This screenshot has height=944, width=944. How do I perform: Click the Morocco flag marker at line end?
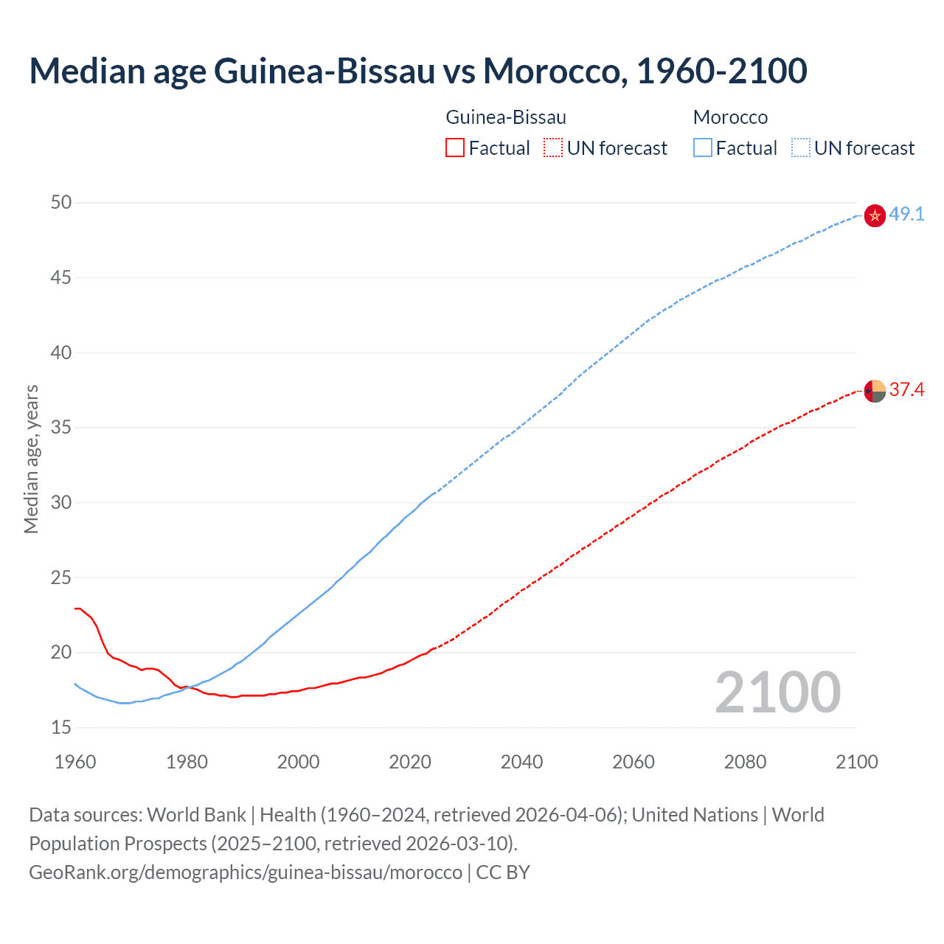click(874, 215)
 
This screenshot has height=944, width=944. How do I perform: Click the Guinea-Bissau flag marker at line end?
click(874, 391)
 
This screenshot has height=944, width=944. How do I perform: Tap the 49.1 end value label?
click(906, 215)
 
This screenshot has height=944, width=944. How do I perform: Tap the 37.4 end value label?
click(906, 389)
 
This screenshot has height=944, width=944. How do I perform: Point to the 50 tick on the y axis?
click(61, 202)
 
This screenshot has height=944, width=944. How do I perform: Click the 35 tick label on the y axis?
click(61, 428)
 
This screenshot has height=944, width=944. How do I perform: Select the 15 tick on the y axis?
click(61, 728)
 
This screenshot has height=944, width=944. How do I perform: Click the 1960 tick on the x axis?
click(75, 762)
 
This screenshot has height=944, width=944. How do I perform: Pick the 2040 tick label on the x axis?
click(521, 762)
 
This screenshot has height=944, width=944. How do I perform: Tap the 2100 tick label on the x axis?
click(856, 762)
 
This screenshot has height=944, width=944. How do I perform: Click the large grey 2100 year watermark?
click(777, 693)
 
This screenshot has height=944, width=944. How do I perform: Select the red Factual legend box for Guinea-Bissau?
click(455, 148)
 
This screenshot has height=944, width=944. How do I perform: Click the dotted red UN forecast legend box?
click(553, 148)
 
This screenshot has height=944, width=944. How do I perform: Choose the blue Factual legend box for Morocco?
click(703, 148)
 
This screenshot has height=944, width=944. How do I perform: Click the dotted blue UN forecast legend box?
click(801, 148)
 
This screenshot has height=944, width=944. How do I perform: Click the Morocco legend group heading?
click(730, 117)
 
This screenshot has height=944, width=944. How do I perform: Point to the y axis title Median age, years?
click(31, 459)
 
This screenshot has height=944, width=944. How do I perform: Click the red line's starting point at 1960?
click(76, 608)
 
